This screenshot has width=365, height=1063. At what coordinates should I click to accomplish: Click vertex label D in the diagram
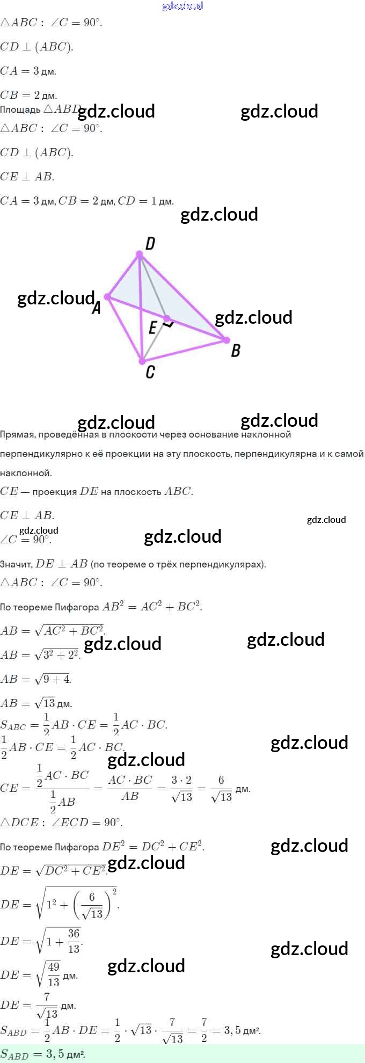point(150,244)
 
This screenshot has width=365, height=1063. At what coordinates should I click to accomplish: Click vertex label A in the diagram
point(97,308)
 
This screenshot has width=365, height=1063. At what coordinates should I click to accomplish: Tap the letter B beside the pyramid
point(236,351)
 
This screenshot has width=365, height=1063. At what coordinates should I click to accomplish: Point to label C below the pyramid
point(150,372)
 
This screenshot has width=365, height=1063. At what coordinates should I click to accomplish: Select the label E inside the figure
point(153,327)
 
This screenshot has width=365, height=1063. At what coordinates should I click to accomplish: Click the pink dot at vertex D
point(140,254)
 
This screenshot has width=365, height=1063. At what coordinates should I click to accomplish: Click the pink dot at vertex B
point(227,340)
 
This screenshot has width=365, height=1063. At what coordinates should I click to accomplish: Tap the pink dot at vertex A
point(107,296)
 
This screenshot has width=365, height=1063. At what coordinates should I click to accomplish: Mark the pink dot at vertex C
point(142,361)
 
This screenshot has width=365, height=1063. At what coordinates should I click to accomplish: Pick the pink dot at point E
point(167,318)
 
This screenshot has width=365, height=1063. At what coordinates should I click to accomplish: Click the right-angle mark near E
point(169,325)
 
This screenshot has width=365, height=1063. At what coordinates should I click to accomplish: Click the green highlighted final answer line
point(43,1054)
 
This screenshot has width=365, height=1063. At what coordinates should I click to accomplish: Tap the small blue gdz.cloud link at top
point(182,6)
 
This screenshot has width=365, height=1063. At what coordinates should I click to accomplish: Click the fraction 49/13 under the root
point(54,974)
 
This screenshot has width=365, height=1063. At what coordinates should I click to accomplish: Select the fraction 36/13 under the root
point(74,941)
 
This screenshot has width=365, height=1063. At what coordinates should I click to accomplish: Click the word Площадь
point(20,110)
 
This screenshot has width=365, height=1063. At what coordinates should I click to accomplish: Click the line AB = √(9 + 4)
point(35,679)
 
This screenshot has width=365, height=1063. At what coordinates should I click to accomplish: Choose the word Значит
point(16,564)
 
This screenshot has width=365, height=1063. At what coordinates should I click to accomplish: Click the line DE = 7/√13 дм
point(38,1005)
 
